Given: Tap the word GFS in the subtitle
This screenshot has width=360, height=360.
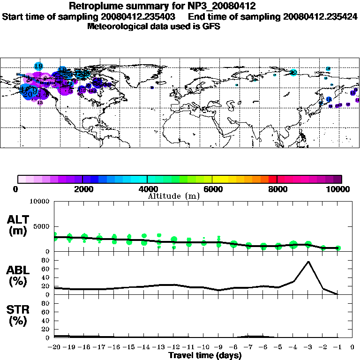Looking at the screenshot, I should (211, 26).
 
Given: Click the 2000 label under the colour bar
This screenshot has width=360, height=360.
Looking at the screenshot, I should (82, 189).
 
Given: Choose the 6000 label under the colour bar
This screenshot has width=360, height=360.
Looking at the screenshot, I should (212, 189).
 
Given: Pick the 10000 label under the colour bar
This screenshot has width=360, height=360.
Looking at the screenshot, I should (338, 189).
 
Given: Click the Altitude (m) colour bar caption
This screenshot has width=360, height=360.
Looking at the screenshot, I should (174, 196).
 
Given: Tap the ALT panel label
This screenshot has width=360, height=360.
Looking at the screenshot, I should (19, 220).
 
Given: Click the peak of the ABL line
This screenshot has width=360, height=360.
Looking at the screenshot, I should (308, 262).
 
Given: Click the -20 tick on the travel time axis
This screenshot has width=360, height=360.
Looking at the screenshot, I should (54, 348).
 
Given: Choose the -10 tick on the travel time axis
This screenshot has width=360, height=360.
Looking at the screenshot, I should (203, 348).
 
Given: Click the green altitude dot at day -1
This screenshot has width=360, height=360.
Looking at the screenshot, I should (338, 248).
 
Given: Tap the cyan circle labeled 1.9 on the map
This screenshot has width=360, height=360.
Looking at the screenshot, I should (39, 66).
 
